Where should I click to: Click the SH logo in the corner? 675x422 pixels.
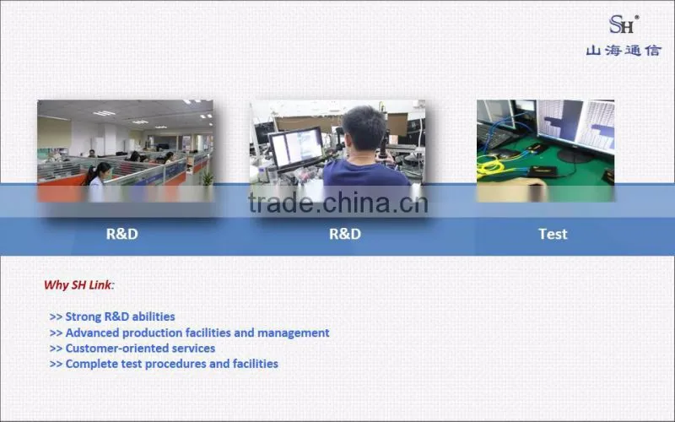[x=624, y=24]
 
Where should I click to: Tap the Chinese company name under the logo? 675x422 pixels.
[x=624, y=51]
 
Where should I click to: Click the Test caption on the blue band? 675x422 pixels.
[x=553, y=234]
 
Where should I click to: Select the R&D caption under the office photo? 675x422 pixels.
[x=122, y=234]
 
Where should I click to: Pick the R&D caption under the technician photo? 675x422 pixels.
[x=345, y=234]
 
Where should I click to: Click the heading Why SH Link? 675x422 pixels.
[x=78, y=284]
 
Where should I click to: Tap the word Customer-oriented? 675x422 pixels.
[x=116, y=348]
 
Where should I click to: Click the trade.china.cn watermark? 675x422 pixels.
[x=338, y=203]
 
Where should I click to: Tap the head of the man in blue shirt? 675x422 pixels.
[x=364, y=129]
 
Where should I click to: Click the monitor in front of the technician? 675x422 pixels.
[x=296, y=148]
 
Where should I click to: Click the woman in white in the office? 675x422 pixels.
[x=97, y=181]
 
